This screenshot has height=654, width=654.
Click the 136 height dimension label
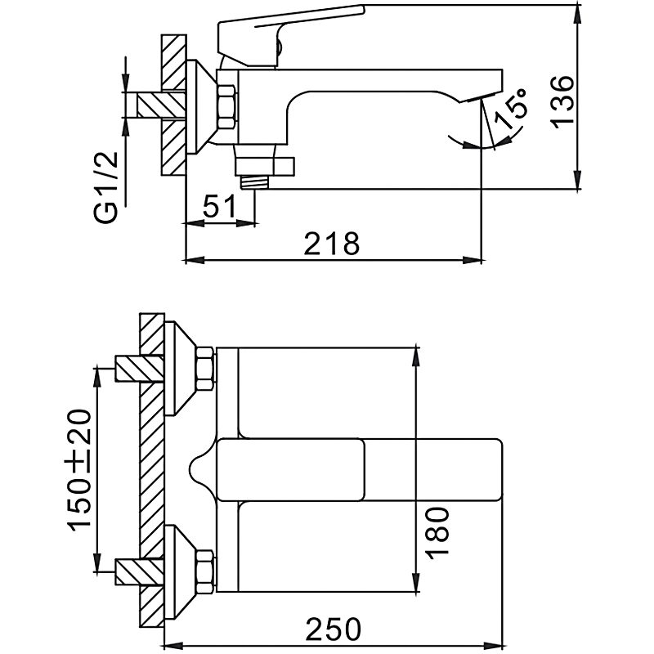564,101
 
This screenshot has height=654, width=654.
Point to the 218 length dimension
331,244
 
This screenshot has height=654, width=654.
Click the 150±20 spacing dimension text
79,469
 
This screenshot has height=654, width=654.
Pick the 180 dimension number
437,532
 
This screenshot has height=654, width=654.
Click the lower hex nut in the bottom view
205,569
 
